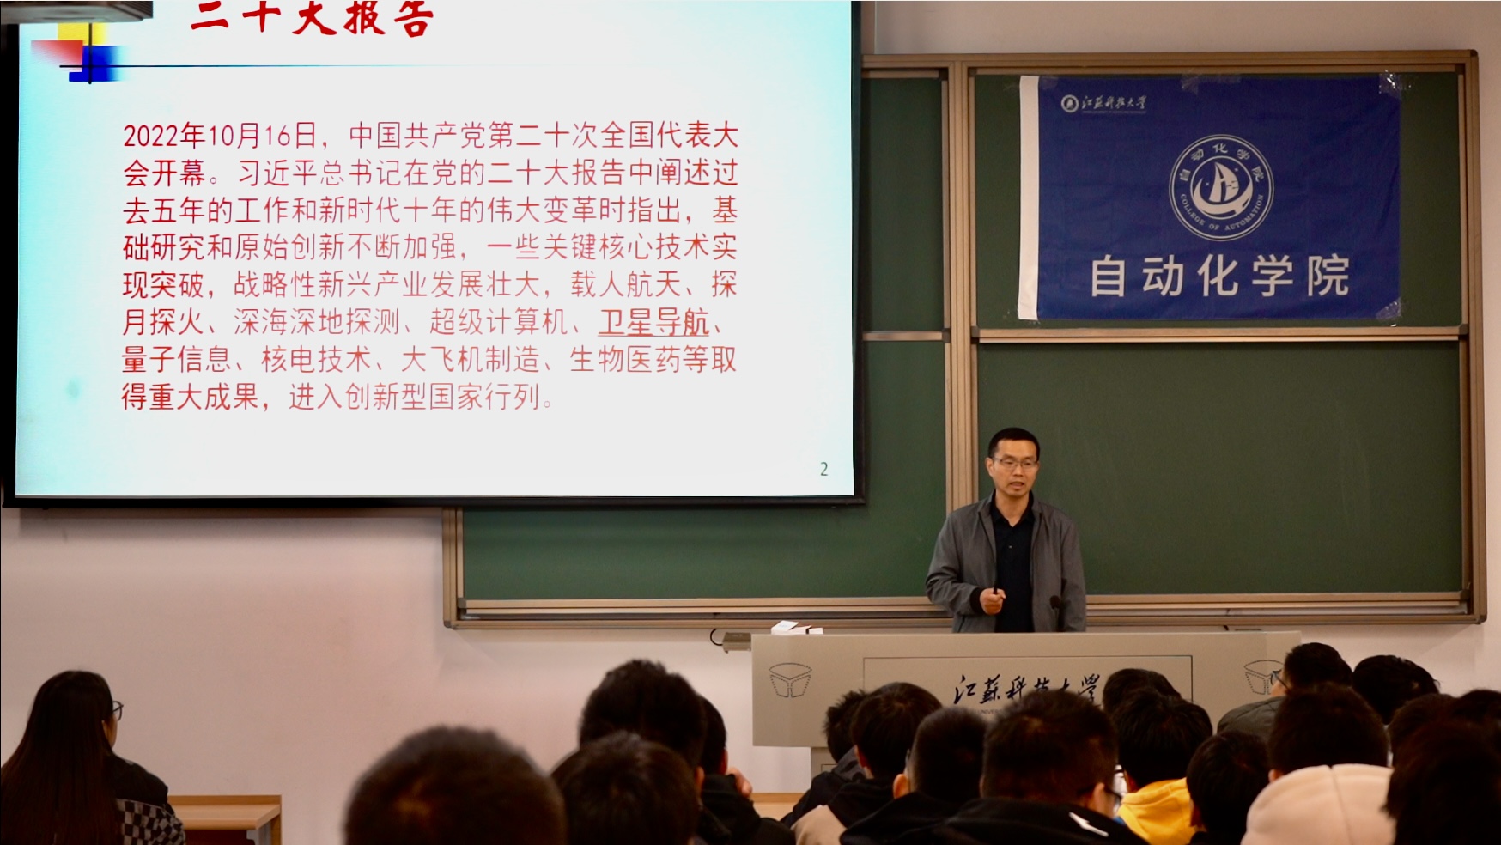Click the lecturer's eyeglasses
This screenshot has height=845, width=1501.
pyautogui.click(x=1015, y=463)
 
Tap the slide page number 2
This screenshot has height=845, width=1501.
pyautogui.click(x=823, y=469)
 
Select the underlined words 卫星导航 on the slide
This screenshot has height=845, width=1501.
pyautogui.click(x=654, y=323)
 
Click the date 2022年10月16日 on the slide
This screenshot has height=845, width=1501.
pyautogui.click(x=219, y=136)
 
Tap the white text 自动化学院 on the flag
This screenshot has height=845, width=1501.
pyautogui.click(x=1219, y=277)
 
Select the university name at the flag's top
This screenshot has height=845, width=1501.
pyautogui.click(x=1105, y=103)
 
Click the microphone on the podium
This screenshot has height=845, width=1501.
pyautogui.click(x=1057, y=610)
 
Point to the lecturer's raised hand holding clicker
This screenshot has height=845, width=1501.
pyautogui.click(x=994, y=599)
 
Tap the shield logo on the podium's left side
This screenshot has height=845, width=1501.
pyautogui.click(x=790, y=680)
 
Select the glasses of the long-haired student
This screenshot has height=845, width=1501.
pyautogui.click(x=116, y=710)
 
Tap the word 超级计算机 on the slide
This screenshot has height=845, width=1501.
pyautogui.click(x=498, y=323)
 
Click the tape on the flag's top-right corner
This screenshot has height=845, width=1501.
pyautogui.click(x=1392, y=82)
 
